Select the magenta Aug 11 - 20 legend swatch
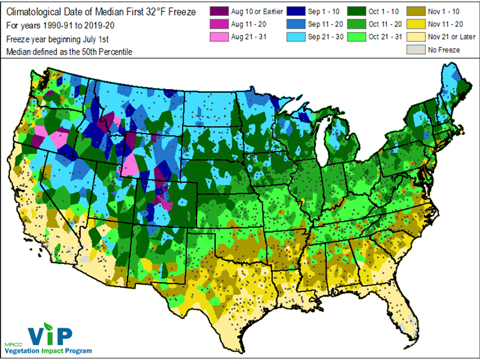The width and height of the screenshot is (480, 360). point(217,24)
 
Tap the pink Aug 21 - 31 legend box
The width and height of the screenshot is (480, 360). point(217,37)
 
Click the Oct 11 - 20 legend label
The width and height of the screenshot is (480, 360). point(389,24)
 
